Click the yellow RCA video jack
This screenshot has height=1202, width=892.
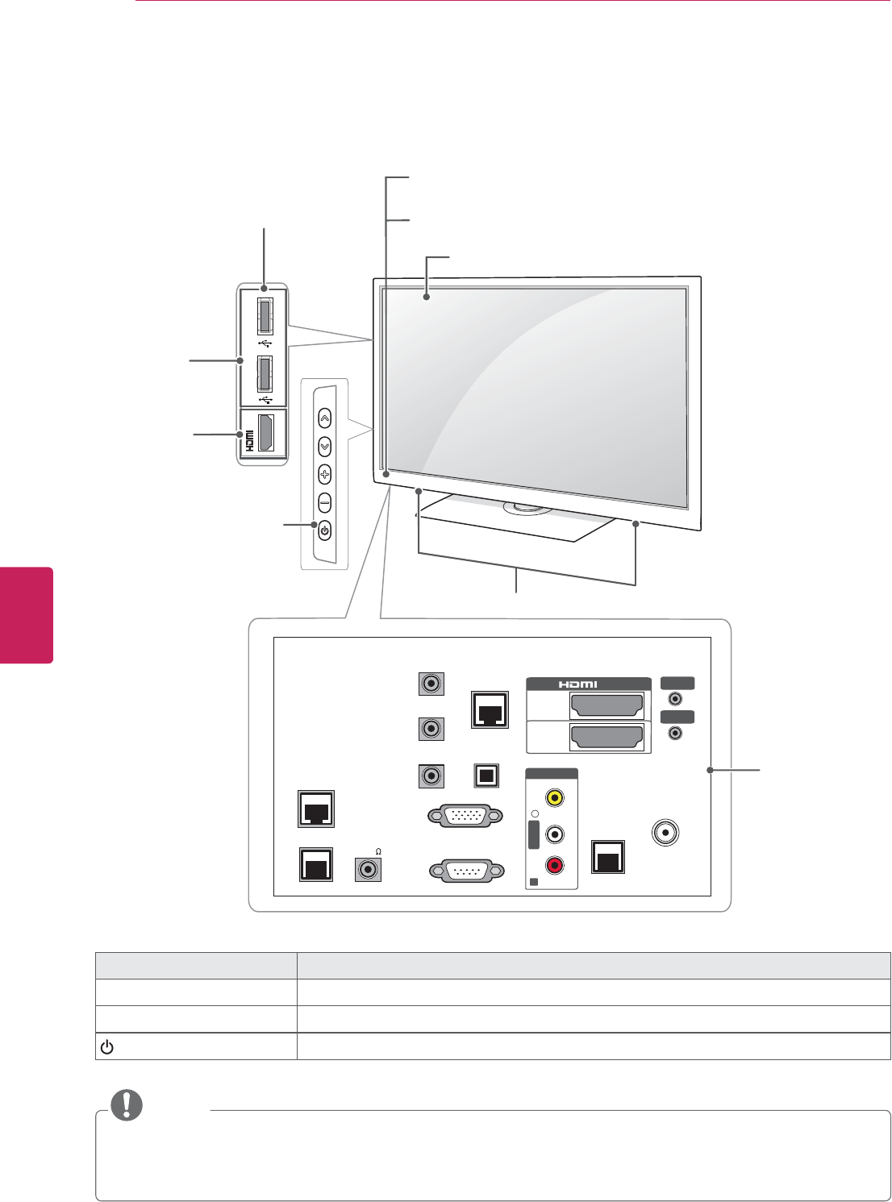click(x=554, y=798)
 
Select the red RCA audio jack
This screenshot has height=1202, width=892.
click(x=554, y=866)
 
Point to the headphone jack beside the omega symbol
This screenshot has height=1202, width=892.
click(x=369, y=870)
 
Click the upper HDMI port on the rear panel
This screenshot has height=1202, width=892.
click(x=606, y=706)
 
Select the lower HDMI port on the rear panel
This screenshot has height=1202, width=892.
click(x=606, y=737)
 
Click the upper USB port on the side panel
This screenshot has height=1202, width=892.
click(x=265, y=316)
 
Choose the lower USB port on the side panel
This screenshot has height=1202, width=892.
click(x=265, y=375)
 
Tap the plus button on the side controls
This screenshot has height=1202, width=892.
click(x=324, y=474)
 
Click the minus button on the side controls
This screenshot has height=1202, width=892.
click(x=324, y=502)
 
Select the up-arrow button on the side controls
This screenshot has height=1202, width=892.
click(x=324, y=418)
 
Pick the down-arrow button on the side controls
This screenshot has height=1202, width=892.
click(x=324, y=446)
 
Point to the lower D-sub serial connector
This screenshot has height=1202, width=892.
click(x=467, y=871)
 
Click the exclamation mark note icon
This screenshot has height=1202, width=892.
click(x=127, y=1105)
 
